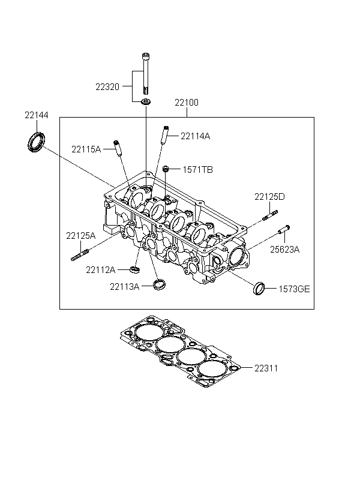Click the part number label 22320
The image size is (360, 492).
click(107, 87)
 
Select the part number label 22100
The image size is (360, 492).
click(187, 103)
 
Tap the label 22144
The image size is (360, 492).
click(37, 115)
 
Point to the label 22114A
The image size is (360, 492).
click(195, 136)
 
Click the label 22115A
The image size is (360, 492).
click(86, 149)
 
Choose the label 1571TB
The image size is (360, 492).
click(198, 170)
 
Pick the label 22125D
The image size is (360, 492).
click(269, 197)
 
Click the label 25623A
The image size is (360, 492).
click(284, 250)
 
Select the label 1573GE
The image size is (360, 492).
click(294, 289)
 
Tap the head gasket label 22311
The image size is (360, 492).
click(266, 368)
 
